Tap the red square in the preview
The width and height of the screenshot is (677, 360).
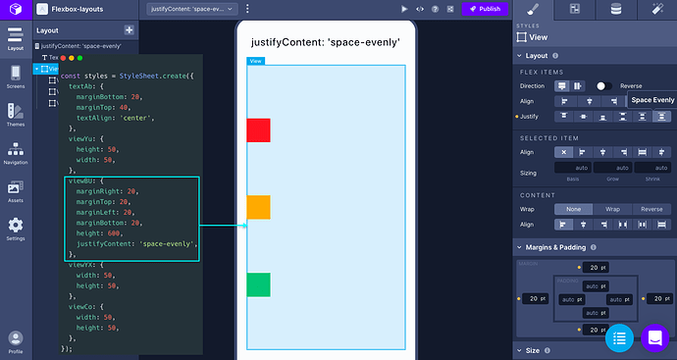pyautogui.click(x=258, y=129)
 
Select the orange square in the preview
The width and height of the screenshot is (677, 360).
pyautogui.click(x=258, y=207)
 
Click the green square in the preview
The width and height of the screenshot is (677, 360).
pyautogui.click(x=258, y=284)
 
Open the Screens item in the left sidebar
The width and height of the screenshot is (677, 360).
pyautogui.click(x=16, y=77)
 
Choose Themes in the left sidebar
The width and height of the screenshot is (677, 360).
pyautogui.click(x=16, y=116)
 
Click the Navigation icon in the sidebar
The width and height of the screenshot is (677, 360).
pyautogui.click(x=16, y=153)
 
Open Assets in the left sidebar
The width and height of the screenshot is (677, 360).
pyautogui.click(x=16, y=190)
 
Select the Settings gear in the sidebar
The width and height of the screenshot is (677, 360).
pyautogui.click(x=16, y=229)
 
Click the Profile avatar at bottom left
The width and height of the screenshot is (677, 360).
pyautogui.click(x=16, y=339)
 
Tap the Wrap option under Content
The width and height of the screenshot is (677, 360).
pyautogui.click(x=612, y=209)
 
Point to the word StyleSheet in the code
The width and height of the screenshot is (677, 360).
pyautogui.click(x=144, y=76)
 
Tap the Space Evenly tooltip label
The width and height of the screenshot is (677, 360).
pyautogui.click(x=652, y=100)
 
